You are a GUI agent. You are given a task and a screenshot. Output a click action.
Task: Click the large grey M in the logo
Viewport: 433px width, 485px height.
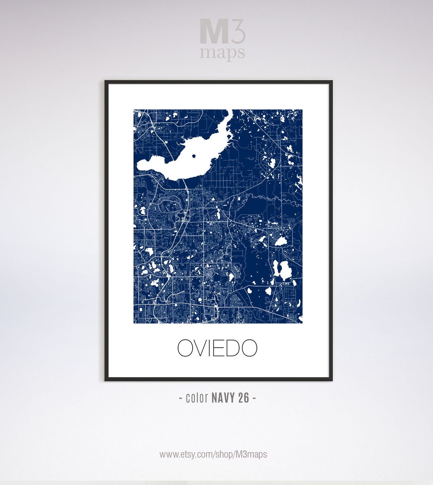[x=214, y=33]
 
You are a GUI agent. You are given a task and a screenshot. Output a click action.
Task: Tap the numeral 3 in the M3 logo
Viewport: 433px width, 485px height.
[x=237, y=33]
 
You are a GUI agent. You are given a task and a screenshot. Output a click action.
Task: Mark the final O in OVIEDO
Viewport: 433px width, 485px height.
[x=249, y=348]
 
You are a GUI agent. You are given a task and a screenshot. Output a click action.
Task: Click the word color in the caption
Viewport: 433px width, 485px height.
[x=197, y=398]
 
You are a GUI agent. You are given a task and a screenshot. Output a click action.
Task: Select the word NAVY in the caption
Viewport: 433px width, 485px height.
[x=223, y=398]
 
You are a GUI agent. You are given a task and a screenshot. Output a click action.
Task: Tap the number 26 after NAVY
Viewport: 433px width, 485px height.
[x=244, y=398]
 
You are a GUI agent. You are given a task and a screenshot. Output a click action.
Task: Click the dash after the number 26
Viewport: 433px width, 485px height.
[x=254, y=398]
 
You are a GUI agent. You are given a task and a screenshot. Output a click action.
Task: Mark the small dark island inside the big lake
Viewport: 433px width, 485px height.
[x=194, y=155]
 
